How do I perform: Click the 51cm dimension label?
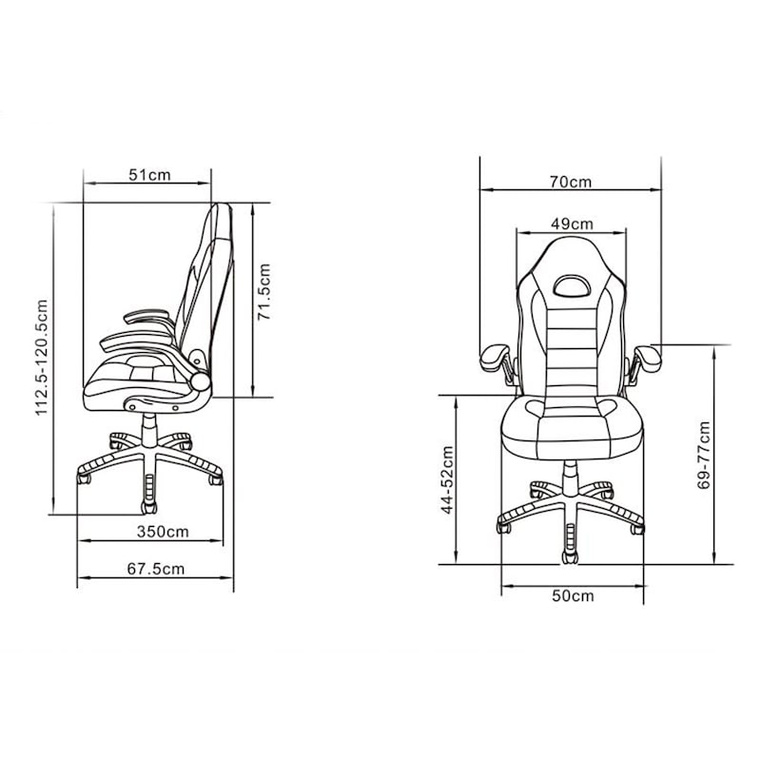point(149,174)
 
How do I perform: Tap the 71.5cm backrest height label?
point(265,292)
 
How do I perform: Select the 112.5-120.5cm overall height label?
point(41,358)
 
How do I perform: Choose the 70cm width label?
point(570,182)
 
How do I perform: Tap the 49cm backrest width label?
point(572,224)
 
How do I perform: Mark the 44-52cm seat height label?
point(446,479)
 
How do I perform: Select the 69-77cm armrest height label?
point(704,455)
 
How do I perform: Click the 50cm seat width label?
point(573,595)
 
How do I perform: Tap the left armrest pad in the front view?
point(495,357)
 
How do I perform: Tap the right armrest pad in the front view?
point(649,357)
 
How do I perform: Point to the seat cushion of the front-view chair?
point(571,423)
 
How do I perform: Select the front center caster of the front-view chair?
point(570,552)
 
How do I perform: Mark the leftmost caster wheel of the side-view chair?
point(84,480)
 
